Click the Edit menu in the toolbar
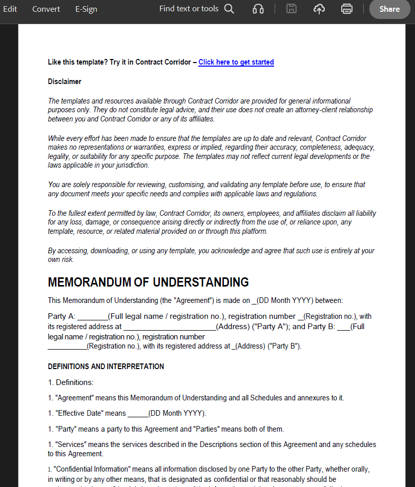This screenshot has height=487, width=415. pyautogui.click(x=10, y=9)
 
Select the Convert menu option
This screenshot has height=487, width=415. pyautogui.click(x=46, y=9)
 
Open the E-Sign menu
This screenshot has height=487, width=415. pyautogui.click(x=86, y=9)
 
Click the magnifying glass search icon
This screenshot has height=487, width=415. pyautogui.click(x=229, y=9)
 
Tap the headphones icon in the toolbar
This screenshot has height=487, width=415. pyautogui.click(x=258, y=9)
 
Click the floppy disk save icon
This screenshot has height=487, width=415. pyautogui.click(x=292, y=9)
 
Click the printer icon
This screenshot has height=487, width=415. pyautogui.click(x=347, y=9)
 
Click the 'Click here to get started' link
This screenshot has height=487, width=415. pyautogui.click(x=236, y=62)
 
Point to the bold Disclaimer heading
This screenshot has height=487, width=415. pyautogui.click(x=65, y=82)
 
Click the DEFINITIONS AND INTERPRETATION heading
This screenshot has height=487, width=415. pyautogui.click(x=106, y=367)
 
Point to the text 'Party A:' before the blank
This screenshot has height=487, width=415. pyautogui.click(x=61, y=316)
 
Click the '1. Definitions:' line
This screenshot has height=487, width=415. pyautogui.click(x=71, y=382)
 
